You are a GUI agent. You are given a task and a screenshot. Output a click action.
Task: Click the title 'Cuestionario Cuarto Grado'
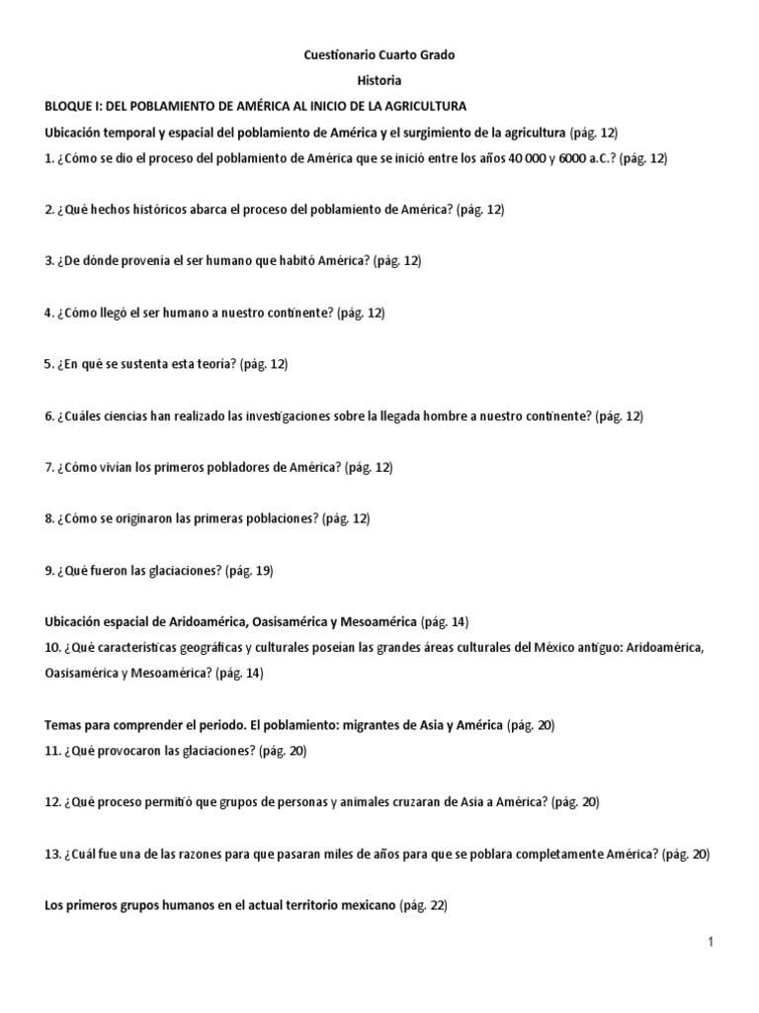coord(379,55)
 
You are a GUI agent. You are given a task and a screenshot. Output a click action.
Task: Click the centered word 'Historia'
coord(379,80)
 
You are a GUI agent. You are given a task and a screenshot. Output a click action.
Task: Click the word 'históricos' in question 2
coord(146,210)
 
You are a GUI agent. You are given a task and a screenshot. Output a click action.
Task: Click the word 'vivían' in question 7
coord(119,467)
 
